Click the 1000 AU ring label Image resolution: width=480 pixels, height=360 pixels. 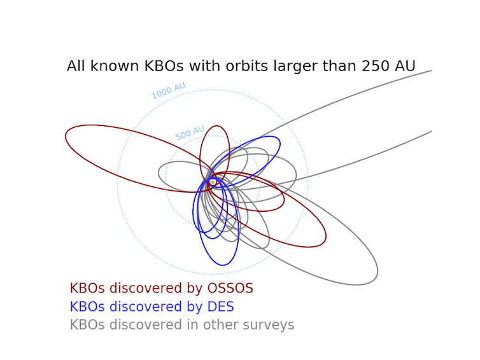coord(168,90)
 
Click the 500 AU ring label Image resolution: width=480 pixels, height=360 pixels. coord(190,132)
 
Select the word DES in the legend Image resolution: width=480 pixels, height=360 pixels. coord(220,307)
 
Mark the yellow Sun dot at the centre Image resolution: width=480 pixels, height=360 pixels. coord(213,182)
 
